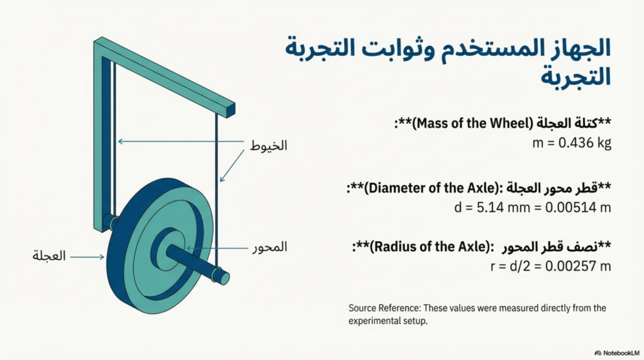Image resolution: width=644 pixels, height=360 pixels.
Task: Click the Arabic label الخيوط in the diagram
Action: pos(269,145)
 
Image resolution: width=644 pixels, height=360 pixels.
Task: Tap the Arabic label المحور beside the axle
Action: pos(270,247)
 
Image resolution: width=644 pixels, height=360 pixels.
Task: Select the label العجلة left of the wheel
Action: pos(49,256)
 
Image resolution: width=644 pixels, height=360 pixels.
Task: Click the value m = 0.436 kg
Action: pos(572,143)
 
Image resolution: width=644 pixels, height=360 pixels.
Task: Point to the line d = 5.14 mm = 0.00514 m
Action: pos(533,208)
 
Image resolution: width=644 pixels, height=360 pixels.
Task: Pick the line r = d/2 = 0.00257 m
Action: pos(551,266)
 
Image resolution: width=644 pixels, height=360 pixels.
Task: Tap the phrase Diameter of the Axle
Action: pos(431,188)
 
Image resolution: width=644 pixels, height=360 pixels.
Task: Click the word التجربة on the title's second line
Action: pos(575,76)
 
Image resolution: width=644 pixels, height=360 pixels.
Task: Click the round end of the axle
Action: pos(223,278)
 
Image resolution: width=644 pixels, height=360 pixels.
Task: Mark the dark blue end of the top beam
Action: pos(231,111)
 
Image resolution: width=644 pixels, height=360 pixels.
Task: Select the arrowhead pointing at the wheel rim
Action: pos(101,257)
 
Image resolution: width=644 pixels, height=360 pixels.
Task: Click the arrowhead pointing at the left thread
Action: pos(121,142)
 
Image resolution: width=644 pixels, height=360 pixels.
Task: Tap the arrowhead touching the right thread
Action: pos(222,178)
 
